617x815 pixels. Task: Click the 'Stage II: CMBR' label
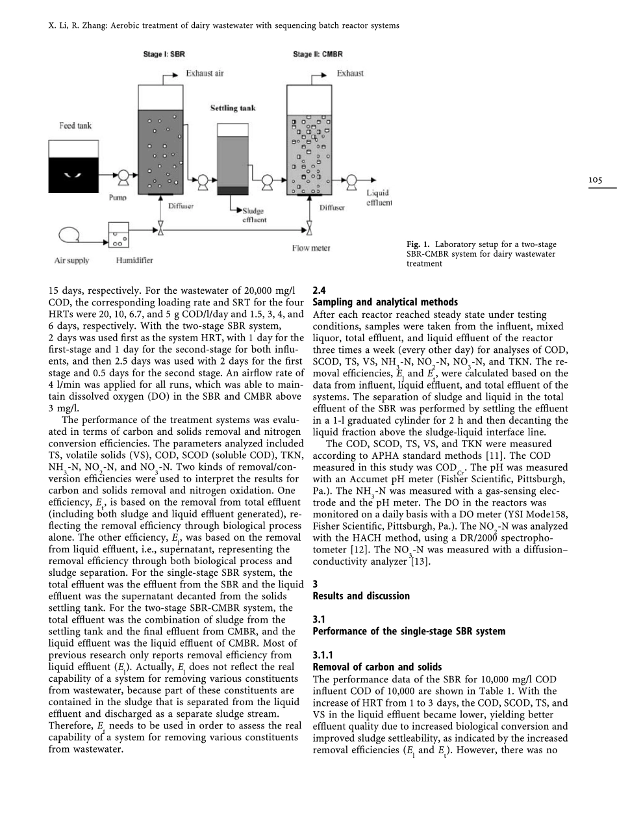tap(318, 54)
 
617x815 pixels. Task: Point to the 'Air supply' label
tap(71, 261)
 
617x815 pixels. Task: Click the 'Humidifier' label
tap(134, 261)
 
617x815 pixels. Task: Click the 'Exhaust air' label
tap(205, 73)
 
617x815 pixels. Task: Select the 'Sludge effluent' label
tap(253, 215)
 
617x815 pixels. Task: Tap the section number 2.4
tap(319, 291)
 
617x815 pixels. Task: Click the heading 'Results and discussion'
tap(361, 596)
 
